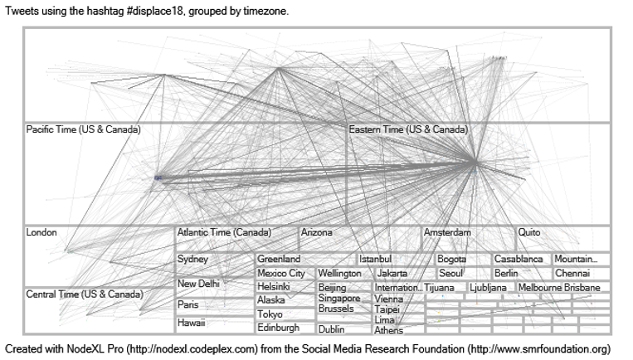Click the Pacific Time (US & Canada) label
pos(83,130)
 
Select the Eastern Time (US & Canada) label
pos(408,130)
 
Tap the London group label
pos(41,233)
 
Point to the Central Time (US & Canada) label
pos(84,294)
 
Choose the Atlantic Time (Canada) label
pos(224,233)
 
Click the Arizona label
pos(316,233)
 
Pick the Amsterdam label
pos(447,233)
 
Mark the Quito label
pos(529,233)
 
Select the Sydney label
pos(192,260)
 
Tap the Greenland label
pos(279,260)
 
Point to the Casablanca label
pos(519,260)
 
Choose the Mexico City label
pos(281,273)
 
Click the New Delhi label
pos(199,284)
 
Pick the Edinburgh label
pos(279,328)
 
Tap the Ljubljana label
pos(488,288)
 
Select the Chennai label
pos(572,273)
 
